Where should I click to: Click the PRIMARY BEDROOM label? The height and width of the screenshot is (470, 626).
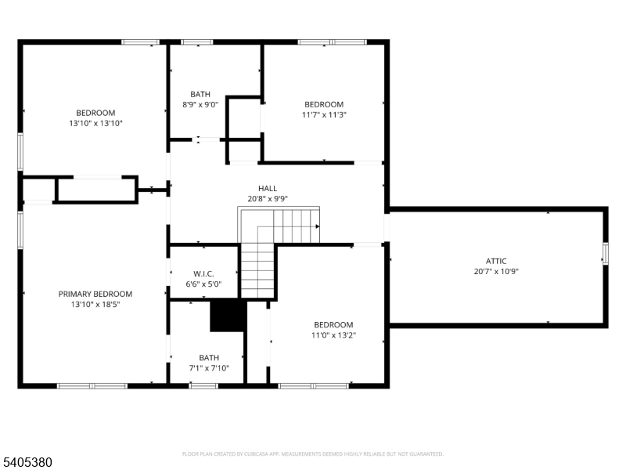coord(95,295)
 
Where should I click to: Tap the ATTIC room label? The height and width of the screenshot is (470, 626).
coord(496,261)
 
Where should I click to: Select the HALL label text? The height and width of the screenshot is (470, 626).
coord(268,188)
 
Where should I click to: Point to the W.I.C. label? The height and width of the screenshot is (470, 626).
coord(203,273)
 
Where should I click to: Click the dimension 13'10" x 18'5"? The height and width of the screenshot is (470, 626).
coord(95,305)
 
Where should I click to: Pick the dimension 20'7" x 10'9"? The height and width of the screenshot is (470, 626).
coord(496,271)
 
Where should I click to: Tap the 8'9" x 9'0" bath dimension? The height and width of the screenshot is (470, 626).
coord(200,105)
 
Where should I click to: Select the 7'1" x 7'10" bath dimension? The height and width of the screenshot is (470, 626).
coord(209,368)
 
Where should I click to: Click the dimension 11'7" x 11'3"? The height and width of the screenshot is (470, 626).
coord(324,114)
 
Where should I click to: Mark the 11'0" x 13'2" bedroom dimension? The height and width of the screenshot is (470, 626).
coord(334,335)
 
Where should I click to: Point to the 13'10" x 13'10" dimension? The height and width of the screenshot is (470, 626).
coord(95,123)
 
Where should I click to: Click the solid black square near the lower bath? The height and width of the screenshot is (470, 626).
coord(228,316)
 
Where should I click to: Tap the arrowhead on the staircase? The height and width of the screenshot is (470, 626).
coord(318,226)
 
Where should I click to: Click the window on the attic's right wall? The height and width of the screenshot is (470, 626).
coord(605,253)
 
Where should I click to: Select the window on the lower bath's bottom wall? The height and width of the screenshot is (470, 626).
coord(203,385)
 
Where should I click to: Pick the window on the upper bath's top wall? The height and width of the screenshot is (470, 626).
coord(197,42)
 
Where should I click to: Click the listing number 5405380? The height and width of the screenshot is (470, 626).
coord(26,462)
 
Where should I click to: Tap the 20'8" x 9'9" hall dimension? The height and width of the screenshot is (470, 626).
coord(268,199)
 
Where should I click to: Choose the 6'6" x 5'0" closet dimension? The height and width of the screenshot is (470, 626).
coord(203,284)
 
